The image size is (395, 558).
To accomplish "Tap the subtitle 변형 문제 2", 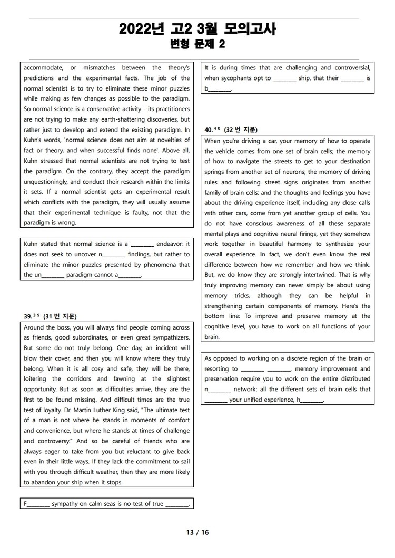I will (x=197, y=45).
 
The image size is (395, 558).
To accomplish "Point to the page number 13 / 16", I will (x=197, y=532).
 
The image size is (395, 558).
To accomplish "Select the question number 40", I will (x=211, y=129).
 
